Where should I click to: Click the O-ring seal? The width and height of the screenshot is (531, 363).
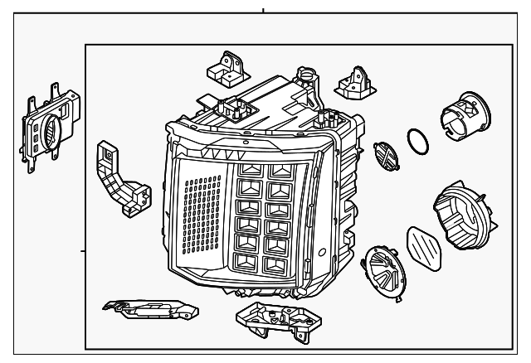(418, 142)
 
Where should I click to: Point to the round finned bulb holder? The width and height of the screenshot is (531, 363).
(384, 266)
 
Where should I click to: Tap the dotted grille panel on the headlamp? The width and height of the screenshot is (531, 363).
(200, 223)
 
